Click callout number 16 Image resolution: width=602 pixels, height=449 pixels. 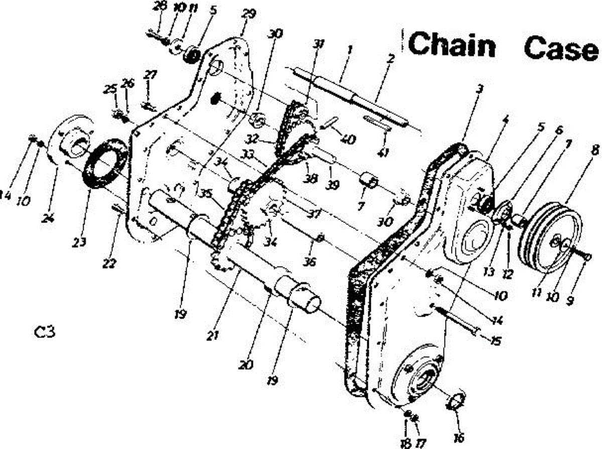[x=459, y=437]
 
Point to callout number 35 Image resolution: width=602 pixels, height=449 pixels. [x=205, y=193]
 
